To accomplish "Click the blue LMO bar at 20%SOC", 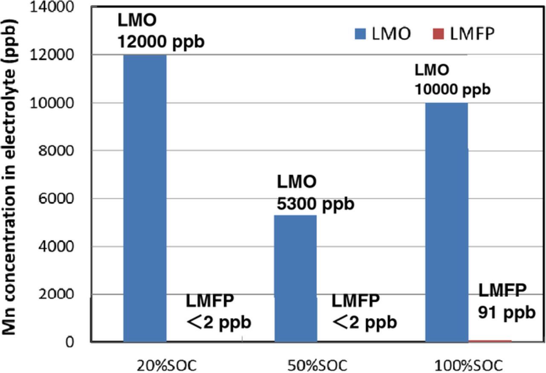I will pyautogui.click(x=145, y=198).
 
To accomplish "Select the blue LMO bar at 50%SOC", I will pyautogui.click(x=295, y=278).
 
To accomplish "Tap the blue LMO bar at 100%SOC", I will pyautogui.click(x=447, y=222).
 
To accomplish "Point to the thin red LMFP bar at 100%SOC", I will pyautogui.click(x=490, y=341).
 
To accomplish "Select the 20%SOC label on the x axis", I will pyautogui.click(x=167, y=366).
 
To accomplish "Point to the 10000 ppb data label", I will pyautogui.click(x=452, y=90).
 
